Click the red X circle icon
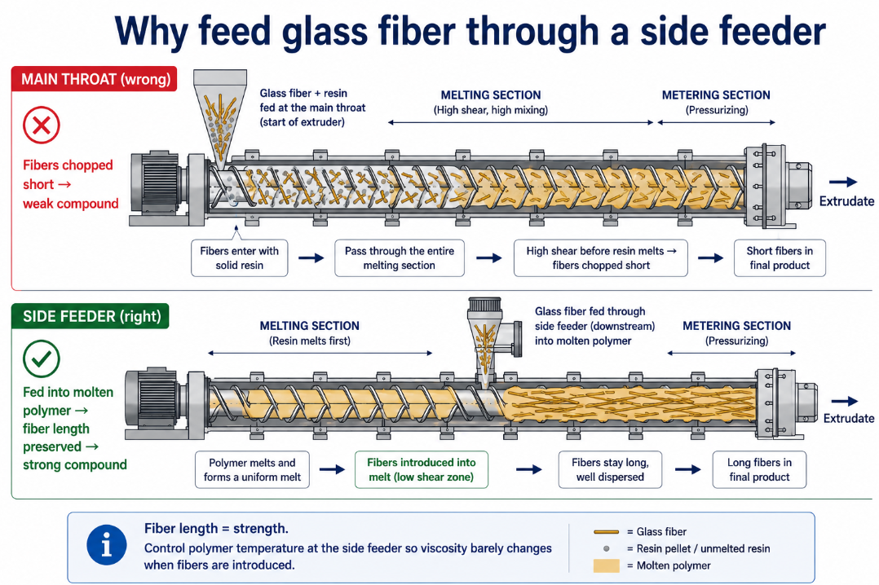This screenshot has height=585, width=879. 42,125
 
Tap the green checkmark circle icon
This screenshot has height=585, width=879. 42,358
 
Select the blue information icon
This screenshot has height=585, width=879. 107,545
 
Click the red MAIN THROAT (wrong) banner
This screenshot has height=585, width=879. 95,79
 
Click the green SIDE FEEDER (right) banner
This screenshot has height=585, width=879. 91,316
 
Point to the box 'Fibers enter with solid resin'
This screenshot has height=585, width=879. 240,258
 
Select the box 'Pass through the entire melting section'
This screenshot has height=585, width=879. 400,258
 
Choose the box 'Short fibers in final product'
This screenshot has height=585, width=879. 780,258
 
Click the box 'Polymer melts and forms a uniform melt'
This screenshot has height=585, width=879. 252,469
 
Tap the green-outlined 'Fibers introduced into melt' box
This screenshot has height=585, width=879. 421,469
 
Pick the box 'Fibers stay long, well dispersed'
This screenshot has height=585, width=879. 610,469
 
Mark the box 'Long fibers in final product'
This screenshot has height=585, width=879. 760,469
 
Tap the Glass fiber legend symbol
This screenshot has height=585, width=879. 606,532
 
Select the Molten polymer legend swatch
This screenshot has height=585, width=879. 606,565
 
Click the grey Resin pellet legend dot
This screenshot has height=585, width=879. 606,548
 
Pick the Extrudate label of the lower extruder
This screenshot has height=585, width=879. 848,418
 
